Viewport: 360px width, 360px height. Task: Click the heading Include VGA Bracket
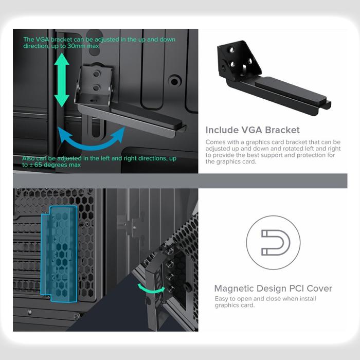(x=252, y=130)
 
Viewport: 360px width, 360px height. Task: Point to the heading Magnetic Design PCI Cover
(x=273, y=289)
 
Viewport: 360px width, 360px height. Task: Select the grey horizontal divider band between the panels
(x=180, y=181)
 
